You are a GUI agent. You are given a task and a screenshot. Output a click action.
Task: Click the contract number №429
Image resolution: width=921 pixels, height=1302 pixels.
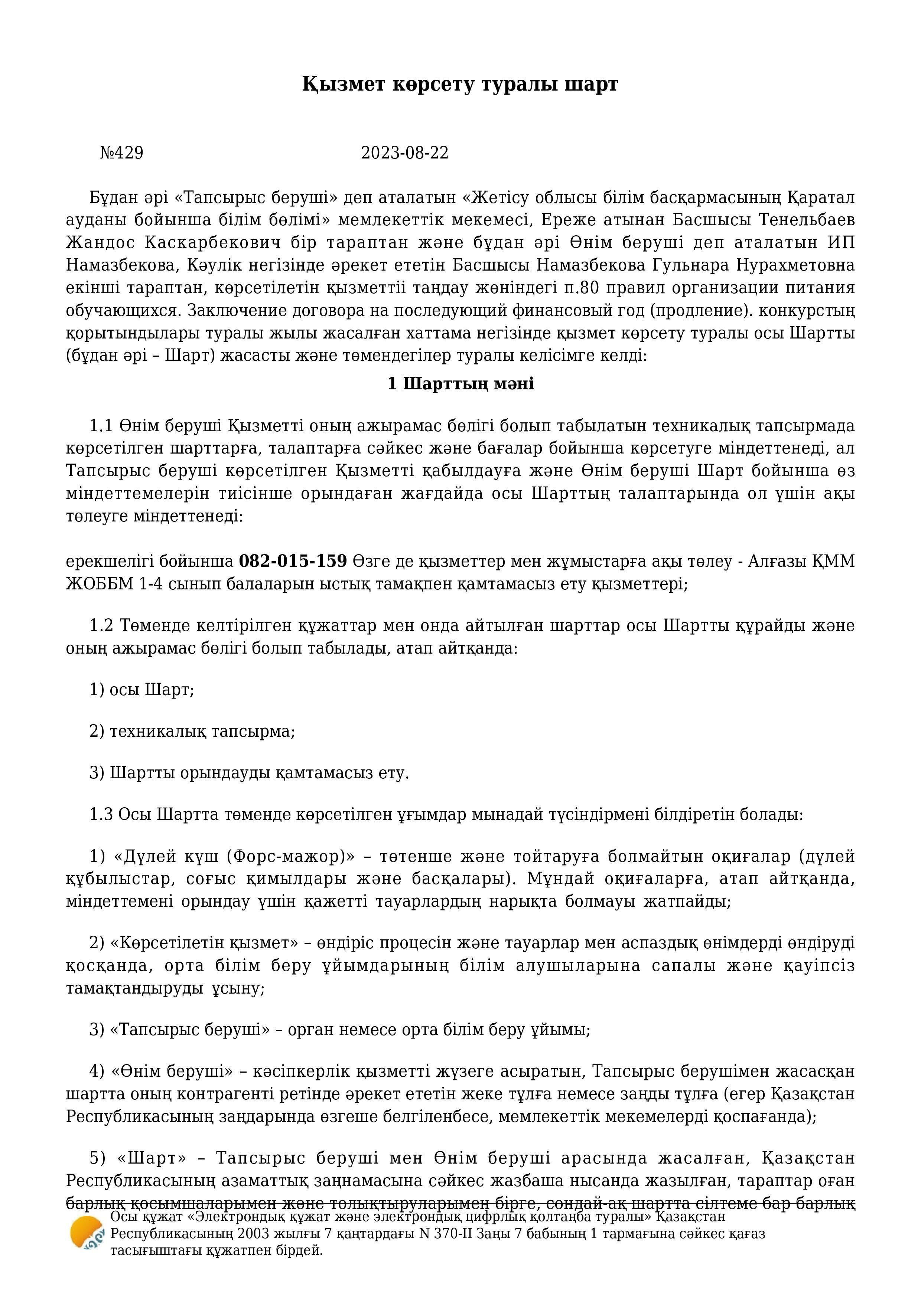click(x=121, y=153)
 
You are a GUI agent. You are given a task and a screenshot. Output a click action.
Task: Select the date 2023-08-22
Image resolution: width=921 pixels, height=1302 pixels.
click(x=404, y=153)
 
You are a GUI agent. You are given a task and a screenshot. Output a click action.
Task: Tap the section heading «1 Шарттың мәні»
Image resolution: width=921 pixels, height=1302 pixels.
click(x=460, y=384)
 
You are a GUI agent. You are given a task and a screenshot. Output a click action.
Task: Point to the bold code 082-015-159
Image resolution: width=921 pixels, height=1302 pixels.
click(x=293, y=561)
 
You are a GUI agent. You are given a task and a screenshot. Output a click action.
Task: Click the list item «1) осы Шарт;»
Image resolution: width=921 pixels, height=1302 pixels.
click(x=142, y=690)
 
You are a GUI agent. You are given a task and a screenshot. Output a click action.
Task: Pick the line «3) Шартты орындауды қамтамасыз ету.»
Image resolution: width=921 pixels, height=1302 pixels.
click(x=249, y=773)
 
